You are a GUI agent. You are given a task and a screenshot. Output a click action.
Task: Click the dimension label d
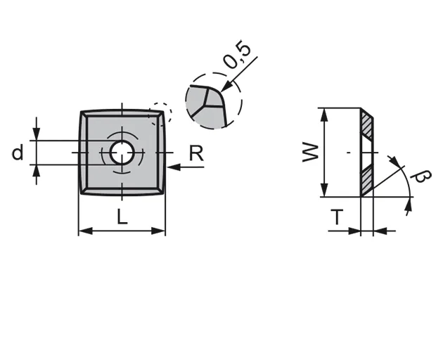pyautogui.click(x=18, y=152)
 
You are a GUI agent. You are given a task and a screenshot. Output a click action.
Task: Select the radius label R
pyautogui.click(x=197, y=153)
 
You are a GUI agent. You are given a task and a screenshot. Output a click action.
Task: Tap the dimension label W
pyautogui.click(x=310, y=152)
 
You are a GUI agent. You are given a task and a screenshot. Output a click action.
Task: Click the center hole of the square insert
pyautogui.click(x=122, y=152)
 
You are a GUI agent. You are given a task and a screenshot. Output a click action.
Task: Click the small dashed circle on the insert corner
pyautogui.click(x=160, y=112)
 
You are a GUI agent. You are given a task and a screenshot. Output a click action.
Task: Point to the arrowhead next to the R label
pyautogui.click(x=172, y=167)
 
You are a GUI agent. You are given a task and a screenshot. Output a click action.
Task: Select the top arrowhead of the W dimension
pyautogui.click(x=323, y=113)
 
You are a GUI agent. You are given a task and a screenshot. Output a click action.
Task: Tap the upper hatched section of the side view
pyautogui.click(x=367, y=124)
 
